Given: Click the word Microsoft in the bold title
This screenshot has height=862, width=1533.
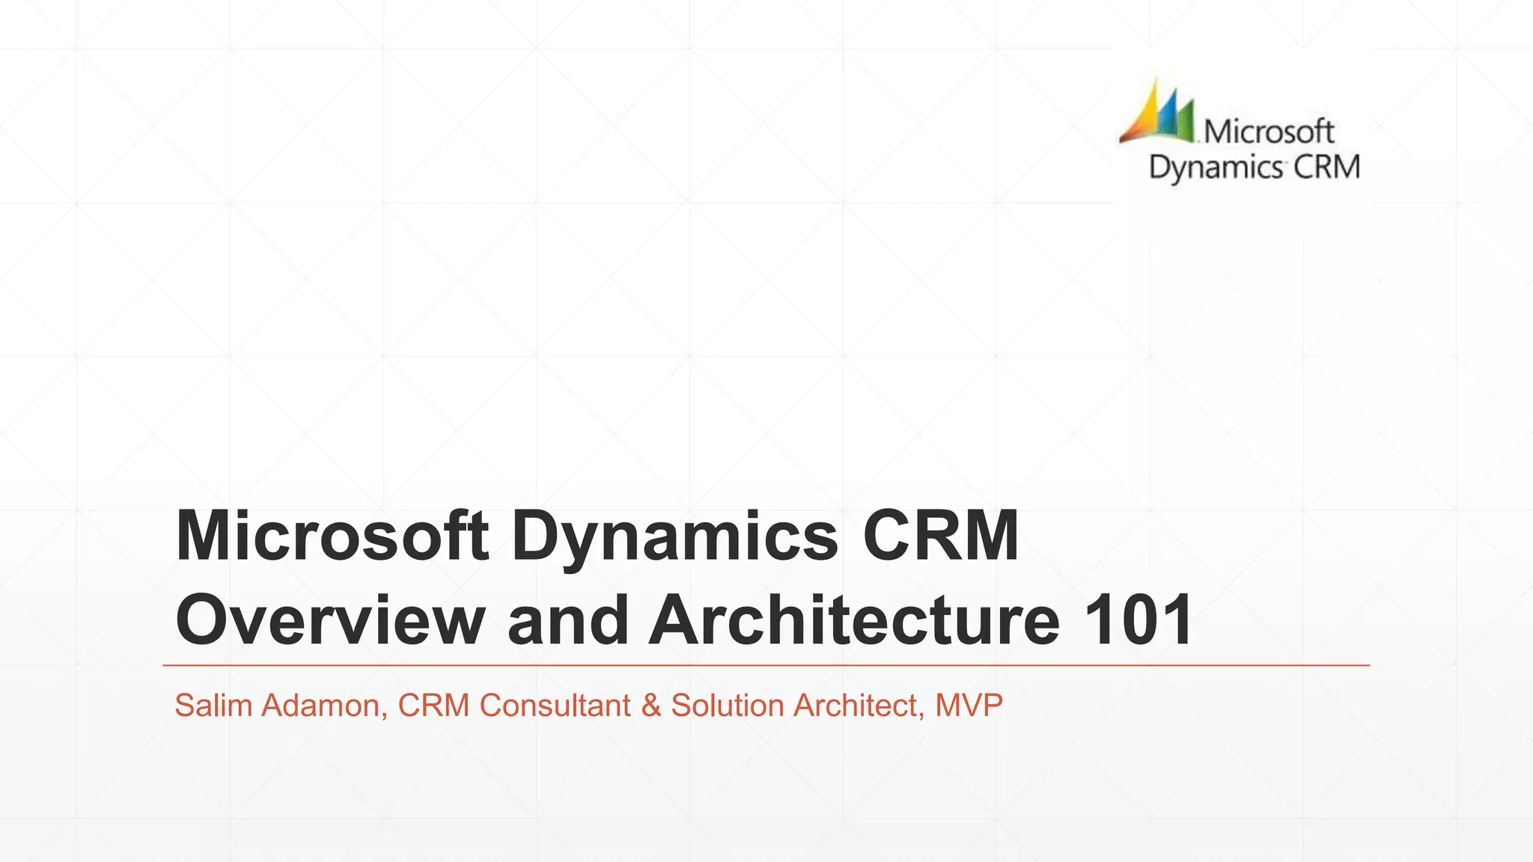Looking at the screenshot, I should pos(332,536).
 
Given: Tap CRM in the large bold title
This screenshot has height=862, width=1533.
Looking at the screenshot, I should pos(941,536).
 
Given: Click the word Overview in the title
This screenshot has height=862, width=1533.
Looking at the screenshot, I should pos(330,620).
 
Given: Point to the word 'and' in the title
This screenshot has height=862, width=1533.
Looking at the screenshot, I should pos(568,620).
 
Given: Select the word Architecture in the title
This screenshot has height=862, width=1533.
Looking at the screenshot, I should pos(854,620).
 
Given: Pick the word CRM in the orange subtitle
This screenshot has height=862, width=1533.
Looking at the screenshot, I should pos(433,706).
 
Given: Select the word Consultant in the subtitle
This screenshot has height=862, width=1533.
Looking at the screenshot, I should pos(555,706).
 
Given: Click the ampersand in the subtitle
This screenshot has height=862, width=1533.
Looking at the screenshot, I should pos(651,706).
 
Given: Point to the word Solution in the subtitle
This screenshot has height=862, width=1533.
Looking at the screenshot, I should pos(728,706).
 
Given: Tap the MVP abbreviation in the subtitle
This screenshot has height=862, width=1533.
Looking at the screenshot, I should pos(969,706).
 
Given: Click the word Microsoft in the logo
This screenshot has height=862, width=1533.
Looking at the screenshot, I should pos(1269,132).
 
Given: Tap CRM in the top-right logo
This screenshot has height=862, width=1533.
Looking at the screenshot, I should pos(1326,167).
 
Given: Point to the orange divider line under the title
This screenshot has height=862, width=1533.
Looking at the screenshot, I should pos(766,664).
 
